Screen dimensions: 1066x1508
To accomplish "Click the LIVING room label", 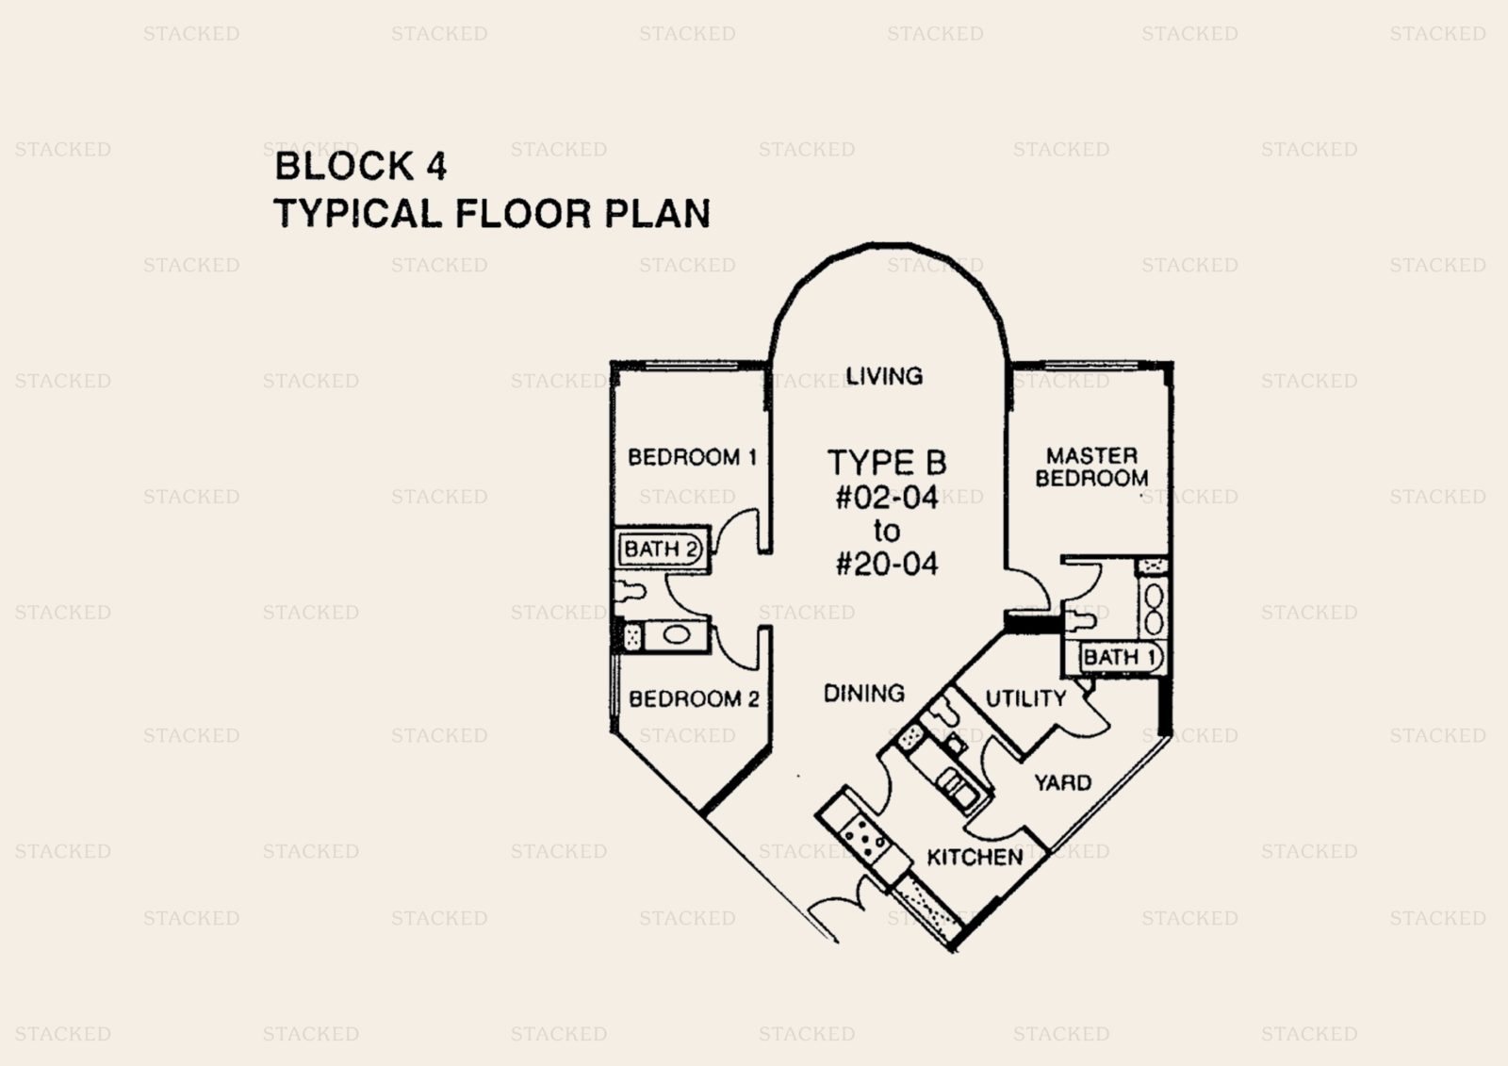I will point(883,376).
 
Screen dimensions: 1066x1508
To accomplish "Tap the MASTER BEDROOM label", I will point(1091,467).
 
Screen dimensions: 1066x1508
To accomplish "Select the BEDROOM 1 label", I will point(692,458).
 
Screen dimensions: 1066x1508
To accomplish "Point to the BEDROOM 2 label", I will point(694,699).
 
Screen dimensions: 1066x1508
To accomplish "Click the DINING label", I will point(863,694).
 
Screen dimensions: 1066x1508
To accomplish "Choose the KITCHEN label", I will point(975,857).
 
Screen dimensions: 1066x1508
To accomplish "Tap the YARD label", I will point(1062,783).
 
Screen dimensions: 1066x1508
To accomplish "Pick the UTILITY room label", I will point(1025,698).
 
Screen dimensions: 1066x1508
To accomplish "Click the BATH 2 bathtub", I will point(662,549).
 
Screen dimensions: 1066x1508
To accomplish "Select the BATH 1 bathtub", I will point(1121,657).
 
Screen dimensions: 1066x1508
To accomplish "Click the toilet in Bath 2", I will point(630,592).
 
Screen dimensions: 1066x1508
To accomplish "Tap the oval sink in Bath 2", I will point(675,635).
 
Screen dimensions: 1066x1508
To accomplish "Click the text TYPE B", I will point(886,463).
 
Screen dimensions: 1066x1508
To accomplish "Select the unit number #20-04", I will point(887,565).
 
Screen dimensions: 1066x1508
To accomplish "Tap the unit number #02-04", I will point(887,498).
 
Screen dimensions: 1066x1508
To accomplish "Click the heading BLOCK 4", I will point(360,166).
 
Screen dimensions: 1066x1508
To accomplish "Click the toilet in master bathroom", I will point(1079,621).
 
